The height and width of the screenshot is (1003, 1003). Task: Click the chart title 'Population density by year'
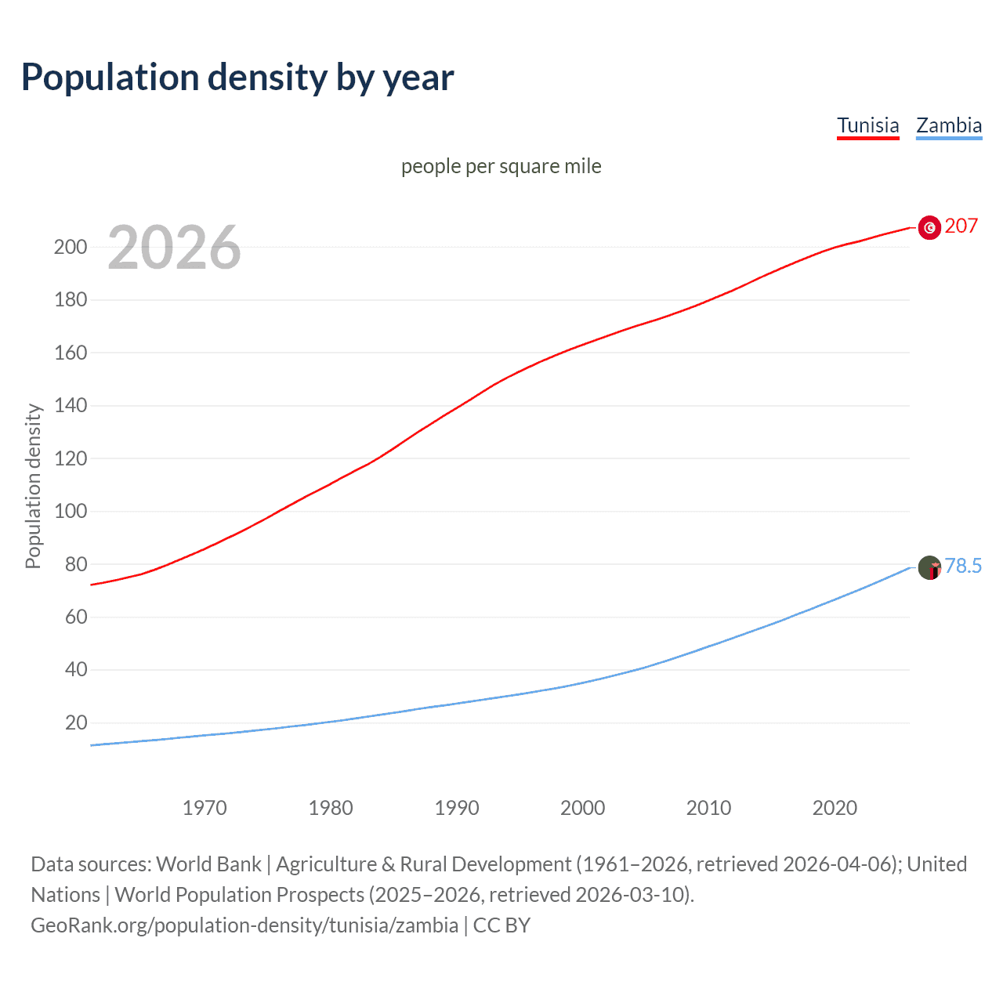point(237,78)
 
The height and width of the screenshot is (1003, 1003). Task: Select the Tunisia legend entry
point(867,125)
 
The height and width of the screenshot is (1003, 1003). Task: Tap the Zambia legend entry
point(948,125)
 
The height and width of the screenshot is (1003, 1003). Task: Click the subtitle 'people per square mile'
point(501,167)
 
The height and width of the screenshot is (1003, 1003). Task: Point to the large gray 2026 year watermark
point(174,248)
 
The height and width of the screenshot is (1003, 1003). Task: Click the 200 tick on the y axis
point(71,247)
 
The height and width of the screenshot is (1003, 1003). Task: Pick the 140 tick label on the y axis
point(71,406)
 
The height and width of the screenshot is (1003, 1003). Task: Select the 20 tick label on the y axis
point(75,722)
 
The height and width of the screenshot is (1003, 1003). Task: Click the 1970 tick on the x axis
point(205,808)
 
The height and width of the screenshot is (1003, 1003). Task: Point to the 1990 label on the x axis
point(456,808)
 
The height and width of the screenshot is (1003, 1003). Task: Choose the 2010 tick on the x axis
point(708,808)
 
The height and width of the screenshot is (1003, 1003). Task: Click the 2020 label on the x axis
point(835,808)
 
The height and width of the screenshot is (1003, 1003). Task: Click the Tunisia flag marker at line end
point(929,227)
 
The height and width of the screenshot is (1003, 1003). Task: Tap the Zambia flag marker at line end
point(929,567)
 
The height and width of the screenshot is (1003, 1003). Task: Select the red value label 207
point(961,226)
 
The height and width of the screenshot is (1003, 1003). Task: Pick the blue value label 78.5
point(963,567)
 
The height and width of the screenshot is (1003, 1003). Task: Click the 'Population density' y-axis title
point(33,486)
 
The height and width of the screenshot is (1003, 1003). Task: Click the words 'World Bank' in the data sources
point(208,864)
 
